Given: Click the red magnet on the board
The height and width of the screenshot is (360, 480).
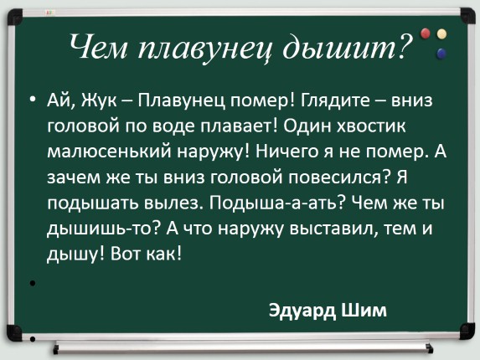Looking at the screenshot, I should [x=426, y=33].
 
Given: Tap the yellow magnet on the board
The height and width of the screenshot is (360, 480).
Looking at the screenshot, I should [x=442, y=34].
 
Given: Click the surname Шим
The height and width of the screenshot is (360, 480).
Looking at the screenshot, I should [x=366, y=309].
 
